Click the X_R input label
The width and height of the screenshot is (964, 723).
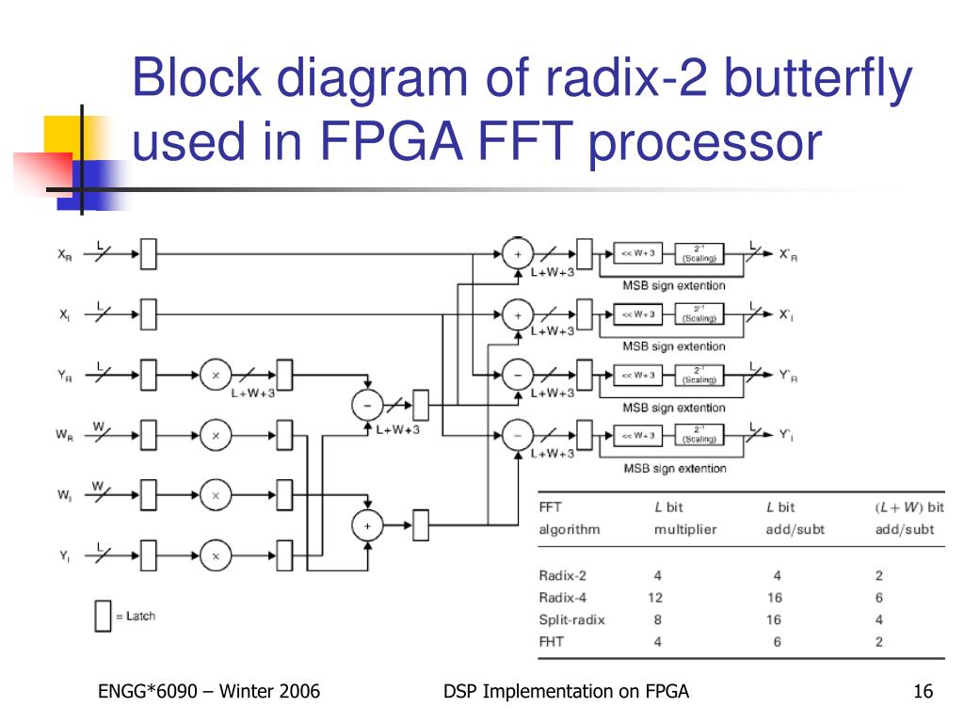(65, 254)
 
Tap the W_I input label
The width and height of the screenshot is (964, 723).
(65, 494)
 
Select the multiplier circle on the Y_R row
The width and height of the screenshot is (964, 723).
(216, 374)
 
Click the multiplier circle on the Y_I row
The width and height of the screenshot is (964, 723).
(216, 555)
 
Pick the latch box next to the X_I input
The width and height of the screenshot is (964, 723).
(148, 314)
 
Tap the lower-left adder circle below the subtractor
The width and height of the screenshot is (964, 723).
(367, 525)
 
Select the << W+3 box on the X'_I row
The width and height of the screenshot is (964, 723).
(639, 313)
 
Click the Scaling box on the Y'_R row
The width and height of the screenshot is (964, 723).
(699, 375)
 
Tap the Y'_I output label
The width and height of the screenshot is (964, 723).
(787, 435)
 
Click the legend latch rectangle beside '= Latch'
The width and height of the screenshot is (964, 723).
(103, 616)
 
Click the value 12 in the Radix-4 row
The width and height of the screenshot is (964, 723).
(656, 598)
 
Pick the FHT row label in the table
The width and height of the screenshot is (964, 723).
(552, 643)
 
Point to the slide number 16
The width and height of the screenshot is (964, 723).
(923, 693)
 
